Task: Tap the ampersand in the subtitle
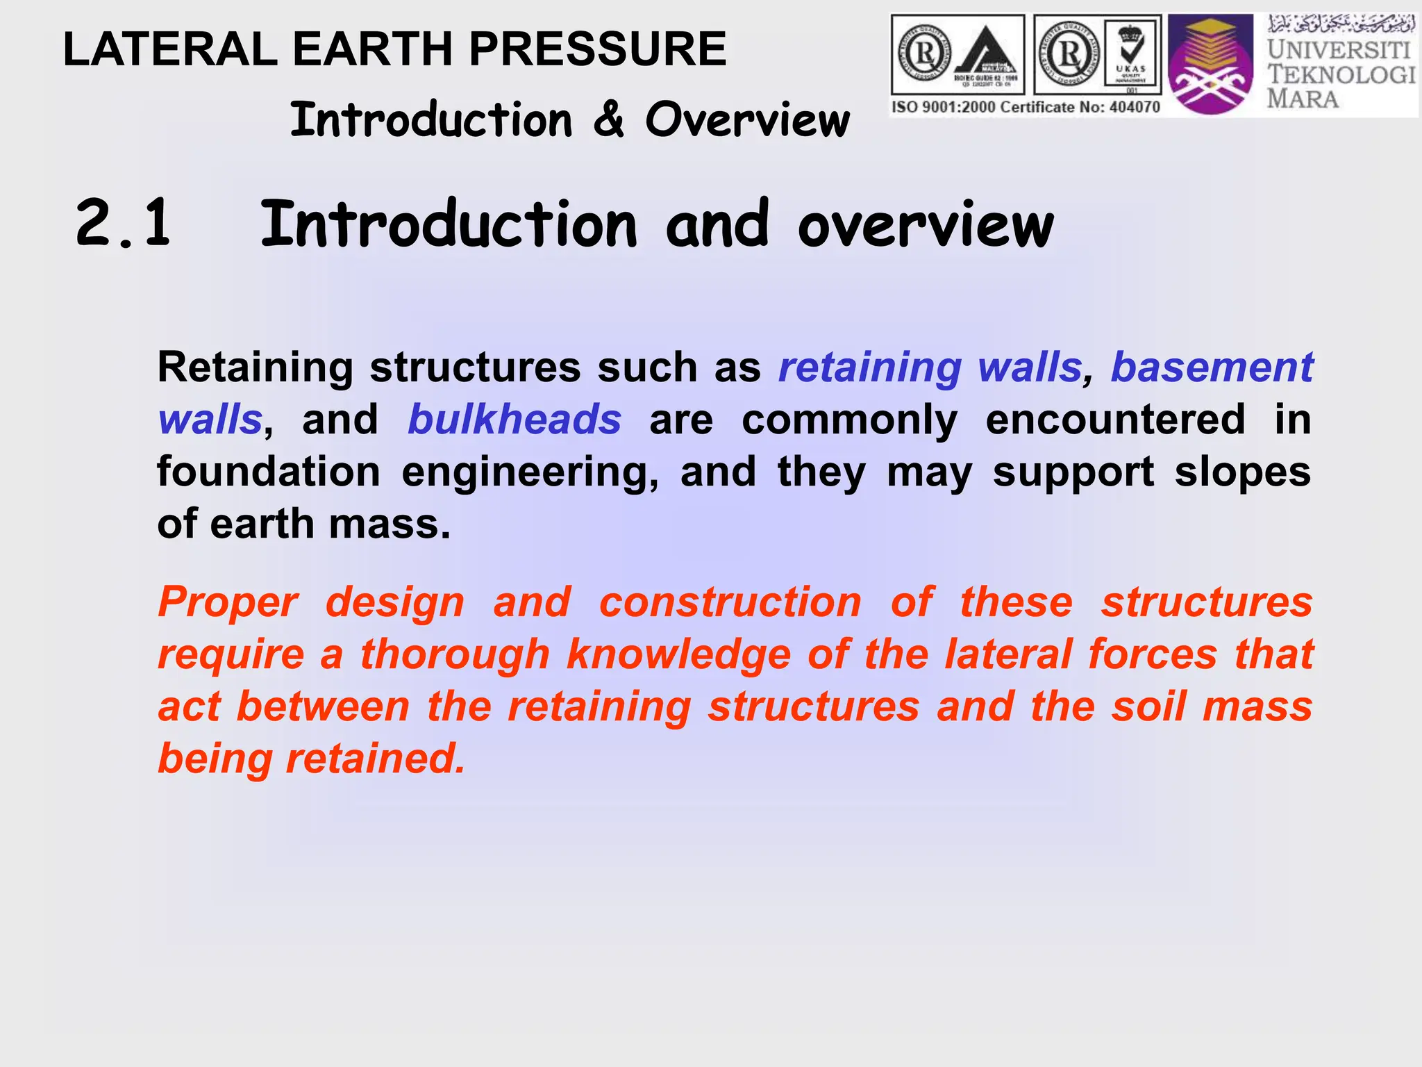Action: (608, 119)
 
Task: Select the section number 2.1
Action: (123, 224)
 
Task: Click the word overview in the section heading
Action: (925, 225)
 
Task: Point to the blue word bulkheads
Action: (515, 420)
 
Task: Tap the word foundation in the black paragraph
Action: (269, 472)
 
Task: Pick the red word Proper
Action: (228, 602)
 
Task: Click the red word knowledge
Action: (678, 654)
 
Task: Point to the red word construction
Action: (730, 602)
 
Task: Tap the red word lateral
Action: (1009, 654)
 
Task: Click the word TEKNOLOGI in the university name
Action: (1341, 74)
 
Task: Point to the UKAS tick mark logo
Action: (1131, 54)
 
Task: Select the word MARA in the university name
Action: (1303, 99)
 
